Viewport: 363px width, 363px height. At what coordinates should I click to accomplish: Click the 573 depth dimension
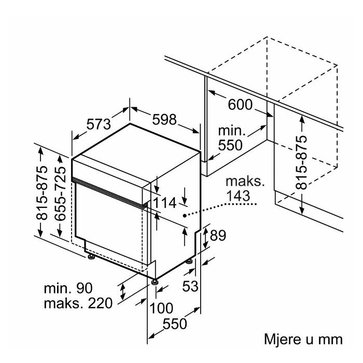pyautogui.click(x=99, y=125)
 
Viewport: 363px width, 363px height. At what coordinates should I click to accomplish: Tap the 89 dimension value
pyautogui.click(x=218, y=236)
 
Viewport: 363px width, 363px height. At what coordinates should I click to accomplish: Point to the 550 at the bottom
pyautogui.click(x=175, y=324)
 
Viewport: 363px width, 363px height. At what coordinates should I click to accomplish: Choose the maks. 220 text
pyautogui.click(x=78, y=303)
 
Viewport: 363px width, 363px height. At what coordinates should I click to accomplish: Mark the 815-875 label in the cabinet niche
pyautogui.click(x=302, y=162)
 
